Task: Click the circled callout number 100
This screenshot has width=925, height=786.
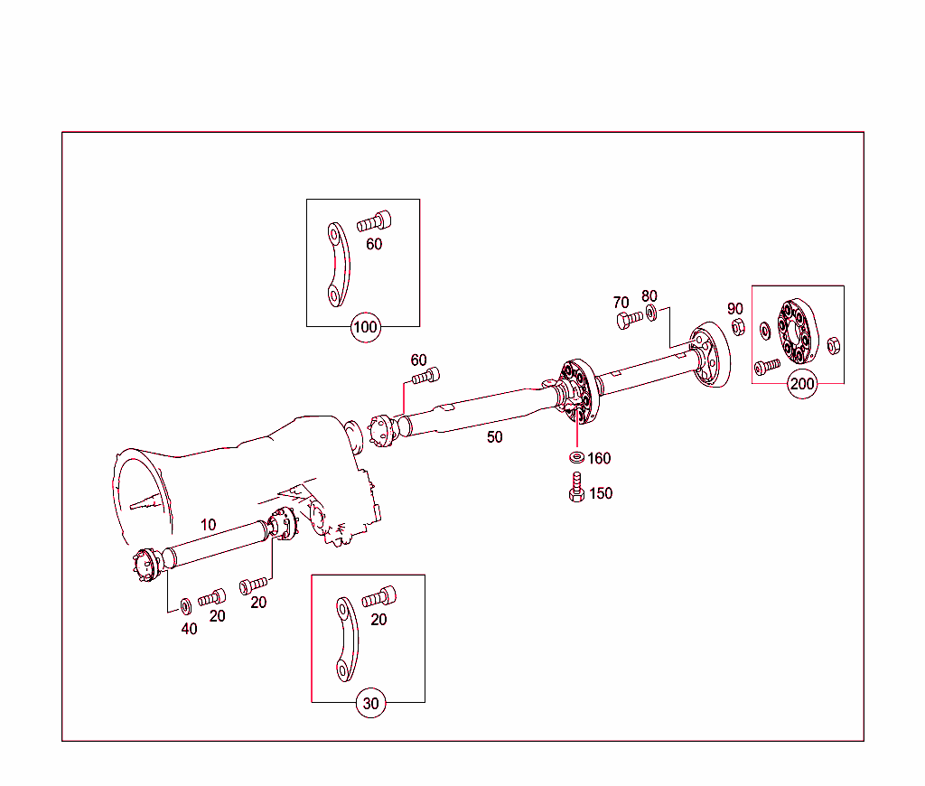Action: point(365,327)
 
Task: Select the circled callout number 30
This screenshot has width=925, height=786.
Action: point(370,703)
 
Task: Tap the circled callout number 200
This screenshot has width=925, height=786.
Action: point(801,384)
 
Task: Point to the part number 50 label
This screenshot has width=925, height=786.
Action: point(494,437)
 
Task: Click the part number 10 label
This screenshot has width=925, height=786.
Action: point(208,524)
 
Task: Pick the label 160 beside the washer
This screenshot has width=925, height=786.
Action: point(599,458)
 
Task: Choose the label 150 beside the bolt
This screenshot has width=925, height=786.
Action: point(600,493)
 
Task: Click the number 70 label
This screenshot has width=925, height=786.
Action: point(621,302)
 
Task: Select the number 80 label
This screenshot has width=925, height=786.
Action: point(649,296)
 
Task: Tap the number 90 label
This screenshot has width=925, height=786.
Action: point(734,309)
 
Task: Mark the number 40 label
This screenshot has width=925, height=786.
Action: point(189,629)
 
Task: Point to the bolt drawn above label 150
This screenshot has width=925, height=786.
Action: point(575,487)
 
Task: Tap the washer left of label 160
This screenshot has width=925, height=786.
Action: point(576,457)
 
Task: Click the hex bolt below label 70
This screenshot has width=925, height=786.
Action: point(624,320)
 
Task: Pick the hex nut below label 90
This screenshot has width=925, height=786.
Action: point(736,326)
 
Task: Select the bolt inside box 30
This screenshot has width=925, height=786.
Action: point(378,597)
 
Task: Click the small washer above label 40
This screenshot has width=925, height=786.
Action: point(185,604)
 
